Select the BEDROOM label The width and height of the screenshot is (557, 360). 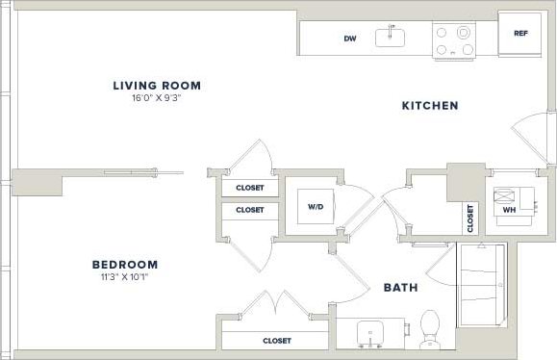coord(125,264)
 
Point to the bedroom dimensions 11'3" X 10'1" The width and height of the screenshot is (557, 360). coord(125,276)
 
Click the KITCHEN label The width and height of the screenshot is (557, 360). coord(429,106)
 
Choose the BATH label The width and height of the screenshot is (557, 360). coord(399,287)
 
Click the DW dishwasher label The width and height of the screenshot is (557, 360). coord(350,39)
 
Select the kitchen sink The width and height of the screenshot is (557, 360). coord(391,38)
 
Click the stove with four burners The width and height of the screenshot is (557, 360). coord(454,39)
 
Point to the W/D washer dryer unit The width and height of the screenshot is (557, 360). coord(315,206)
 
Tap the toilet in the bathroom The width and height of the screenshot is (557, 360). coord(430,327)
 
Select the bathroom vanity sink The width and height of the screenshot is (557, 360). coord(370,333)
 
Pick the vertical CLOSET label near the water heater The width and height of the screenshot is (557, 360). coord(469,218)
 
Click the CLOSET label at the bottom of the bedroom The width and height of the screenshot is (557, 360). coord(277,341)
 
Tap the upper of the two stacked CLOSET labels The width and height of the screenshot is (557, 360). coord(250,188)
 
